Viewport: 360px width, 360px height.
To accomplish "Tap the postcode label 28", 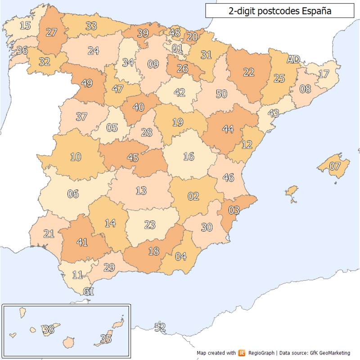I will (147, 133).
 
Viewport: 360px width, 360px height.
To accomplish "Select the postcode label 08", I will (305, 89).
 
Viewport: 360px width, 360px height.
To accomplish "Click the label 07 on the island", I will (335, 166).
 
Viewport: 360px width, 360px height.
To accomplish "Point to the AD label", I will (293, 59).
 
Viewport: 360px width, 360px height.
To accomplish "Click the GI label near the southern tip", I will (89, 292).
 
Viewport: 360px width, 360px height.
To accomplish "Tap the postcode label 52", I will (160, 327).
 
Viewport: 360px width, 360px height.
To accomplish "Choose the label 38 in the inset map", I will (48, 329).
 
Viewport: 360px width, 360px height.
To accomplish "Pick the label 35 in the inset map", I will (106, 338).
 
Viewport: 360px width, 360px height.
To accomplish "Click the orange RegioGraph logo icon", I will (243, 353).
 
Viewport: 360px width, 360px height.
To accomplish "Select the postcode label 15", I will (25, 26).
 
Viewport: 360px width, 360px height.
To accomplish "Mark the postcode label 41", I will (82, 242).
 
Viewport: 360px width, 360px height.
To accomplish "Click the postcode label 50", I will (221, 94).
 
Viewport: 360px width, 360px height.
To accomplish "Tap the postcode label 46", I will (228, 177).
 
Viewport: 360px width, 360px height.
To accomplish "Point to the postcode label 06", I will (73, 194).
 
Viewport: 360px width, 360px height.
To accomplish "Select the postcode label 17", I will (324, 73).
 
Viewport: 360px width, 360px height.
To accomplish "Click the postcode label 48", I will (175, 33).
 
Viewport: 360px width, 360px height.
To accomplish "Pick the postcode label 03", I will (234, 210).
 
